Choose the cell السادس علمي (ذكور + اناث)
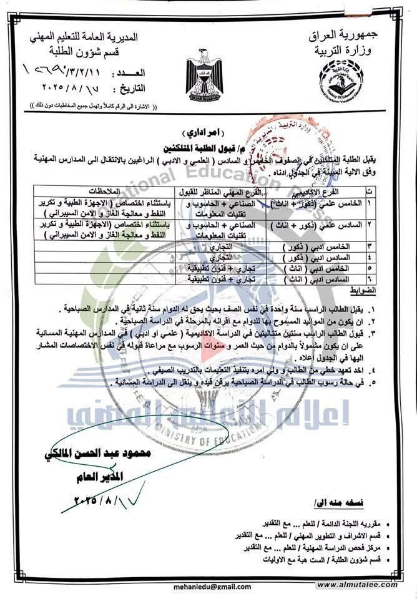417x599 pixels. (x=315, y=223)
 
